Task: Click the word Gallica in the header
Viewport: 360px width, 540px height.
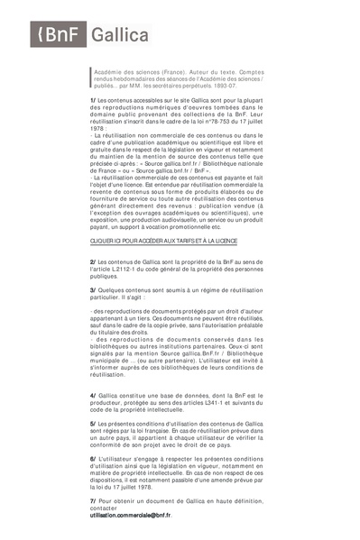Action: [121, 35]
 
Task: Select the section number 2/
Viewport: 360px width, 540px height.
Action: [93, 260]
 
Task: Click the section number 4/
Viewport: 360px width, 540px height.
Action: [93, 395]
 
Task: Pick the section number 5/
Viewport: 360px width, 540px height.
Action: [93, 422]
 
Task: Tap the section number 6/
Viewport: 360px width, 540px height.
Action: [93, 458]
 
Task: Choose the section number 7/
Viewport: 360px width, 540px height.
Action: [93, 499]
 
